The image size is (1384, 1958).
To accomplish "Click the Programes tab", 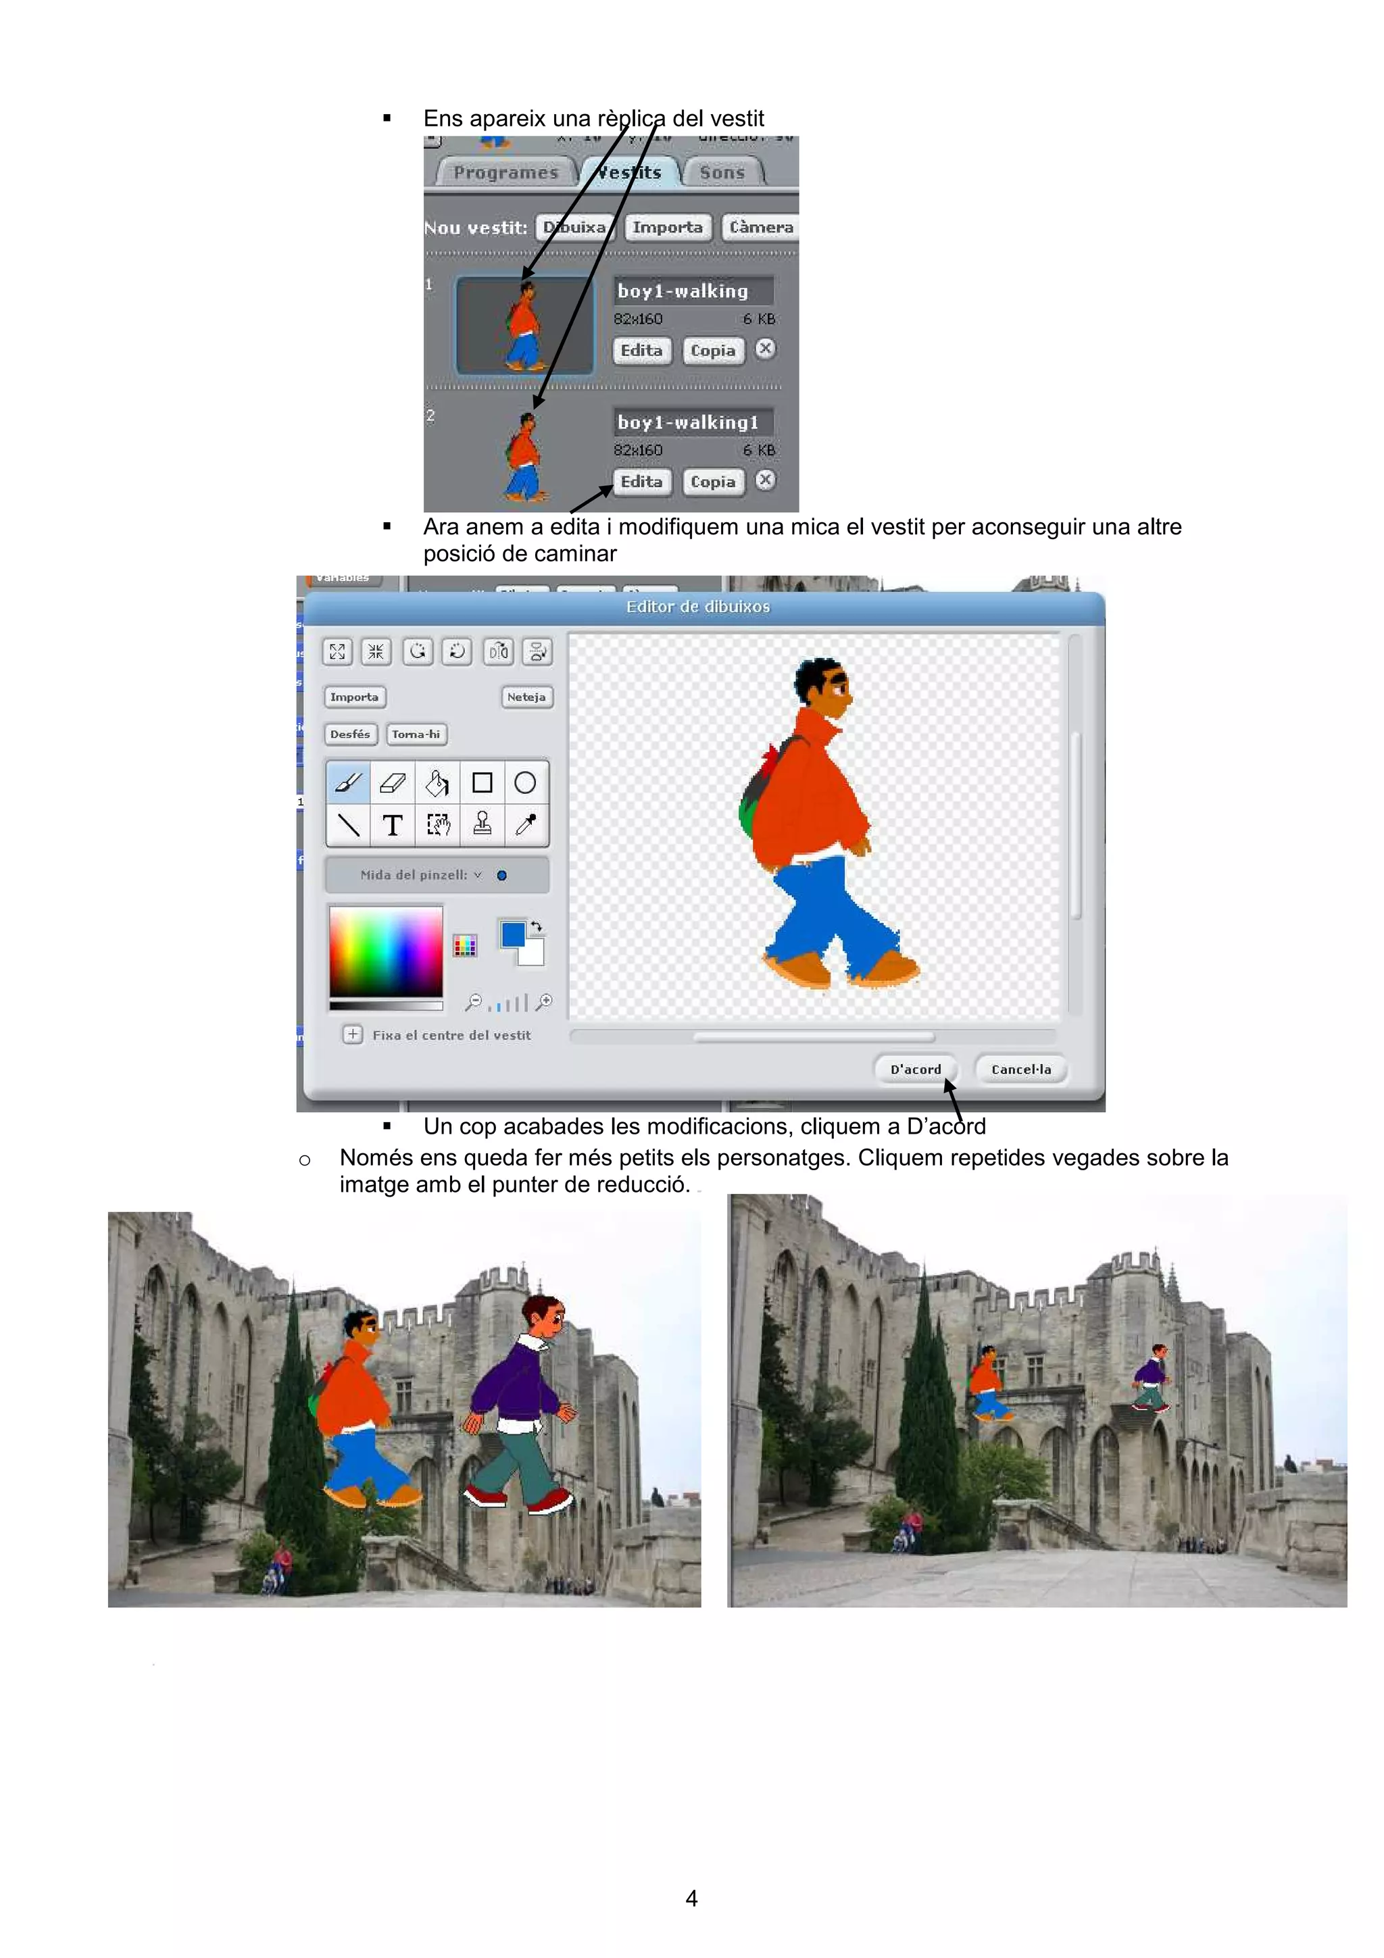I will click(x=505, y=172).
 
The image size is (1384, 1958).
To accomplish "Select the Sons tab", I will click(x=722, y=172).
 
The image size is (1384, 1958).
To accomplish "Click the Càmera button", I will click(x=761, y=228).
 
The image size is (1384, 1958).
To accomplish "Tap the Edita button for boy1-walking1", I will click(x=641, y=482).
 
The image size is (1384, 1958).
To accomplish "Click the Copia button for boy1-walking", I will click(x=713, y=351).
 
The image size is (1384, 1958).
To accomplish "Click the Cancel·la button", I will click(x=1020, y=1070).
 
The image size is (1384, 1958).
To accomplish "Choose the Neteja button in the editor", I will click(x=526, y=697).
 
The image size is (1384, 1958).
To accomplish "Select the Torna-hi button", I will click(x=416, y=734).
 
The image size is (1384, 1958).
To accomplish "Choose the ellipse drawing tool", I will click(x=525, y=782).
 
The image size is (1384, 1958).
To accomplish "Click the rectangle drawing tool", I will click(x=482, y=782).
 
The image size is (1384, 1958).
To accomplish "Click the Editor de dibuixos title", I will click(x=697, y=606).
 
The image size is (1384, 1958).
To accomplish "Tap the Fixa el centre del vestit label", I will click(x=451, y=1035).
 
